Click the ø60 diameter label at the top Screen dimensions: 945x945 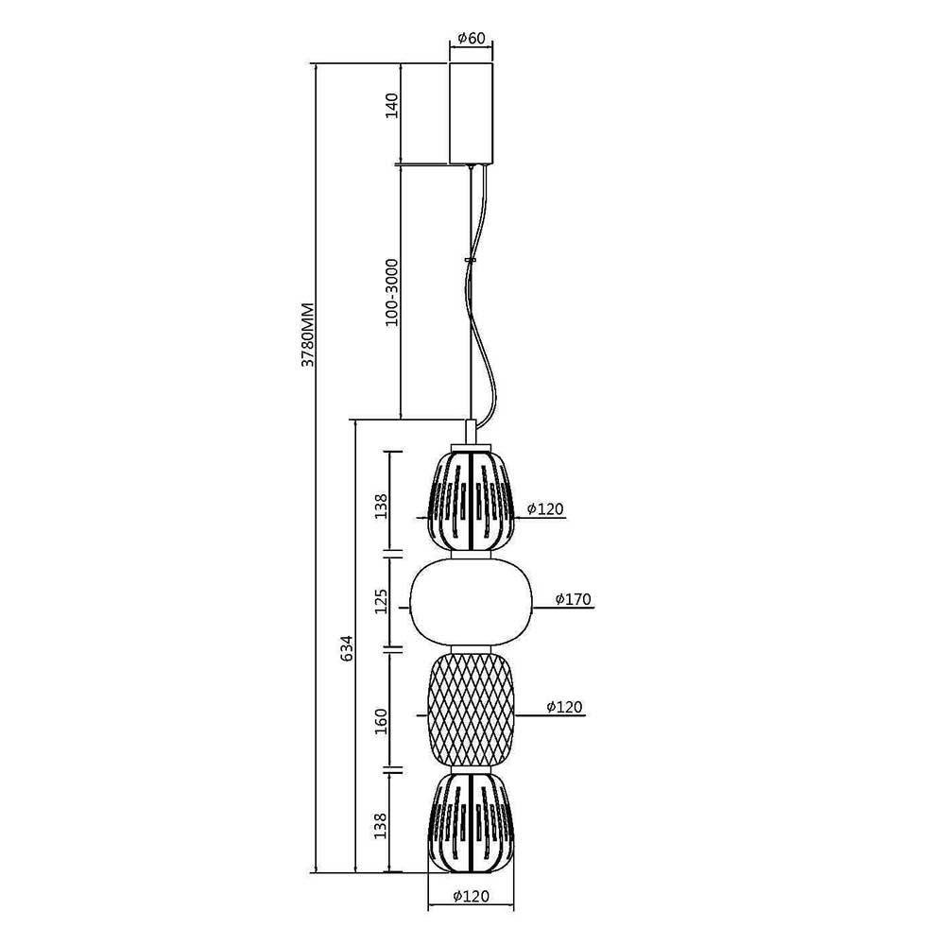click(472, 38)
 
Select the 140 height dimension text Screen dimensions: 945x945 click(392, 106)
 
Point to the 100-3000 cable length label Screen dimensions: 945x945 click(392, 292)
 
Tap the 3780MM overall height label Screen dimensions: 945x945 click(308, 335)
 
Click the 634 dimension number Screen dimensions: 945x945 click(347, 648)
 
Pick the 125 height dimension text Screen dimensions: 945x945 click(381, 601)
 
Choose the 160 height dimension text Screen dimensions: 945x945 click(381, 721)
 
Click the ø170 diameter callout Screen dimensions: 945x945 click(574, 599)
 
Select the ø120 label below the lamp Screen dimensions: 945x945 click(472, 897)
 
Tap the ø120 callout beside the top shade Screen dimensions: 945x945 click(545, 508)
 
